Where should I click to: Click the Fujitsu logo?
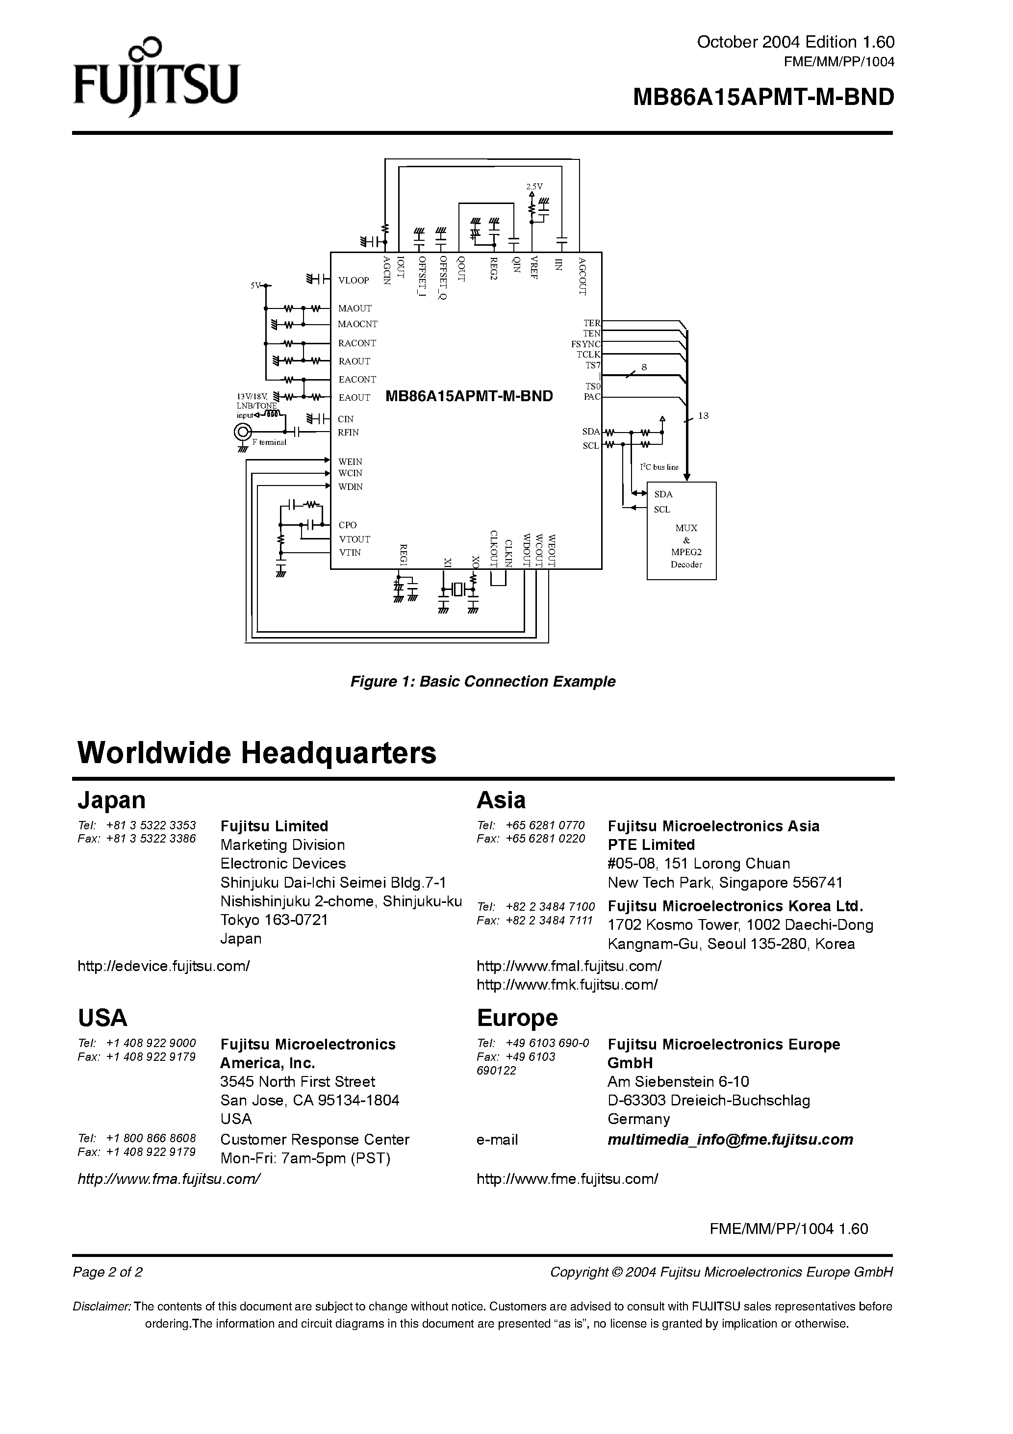156,78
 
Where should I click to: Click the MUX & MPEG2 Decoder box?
682,530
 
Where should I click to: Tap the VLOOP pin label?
354,281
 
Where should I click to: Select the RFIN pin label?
349,432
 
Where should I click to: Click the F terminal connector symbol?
242,432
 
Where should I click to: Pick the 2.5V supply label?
534,186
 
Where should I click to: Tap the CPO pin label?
347,525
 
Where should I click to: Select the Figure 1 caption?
483,681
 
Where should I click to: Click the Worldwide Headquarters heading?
257,753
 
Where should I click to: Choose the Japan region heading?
112,800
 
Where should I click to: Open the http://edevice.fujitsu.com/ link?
164,966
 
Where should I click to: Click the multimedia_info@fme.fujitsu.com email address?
730,1139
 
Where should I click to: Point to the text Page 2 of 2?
108,1272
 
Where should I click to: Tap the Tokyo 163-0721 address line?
274,920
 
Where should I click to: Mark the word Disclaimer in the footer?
102,1306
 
